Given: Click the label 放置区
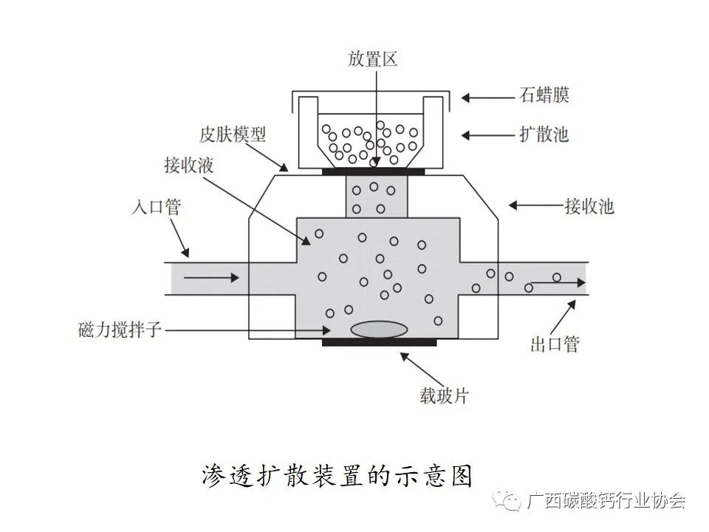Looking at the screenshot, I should [373, 60].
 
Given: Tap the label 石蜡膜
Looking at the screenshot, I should [544, 95].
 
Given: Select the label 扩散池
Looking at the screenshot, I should [544, 134].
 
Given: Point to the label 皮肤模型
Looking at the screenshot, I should [233, 134].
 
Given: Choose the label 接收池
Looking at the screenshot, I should [589, 205].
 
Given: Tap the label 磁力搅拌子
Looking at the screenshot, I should [119, 330].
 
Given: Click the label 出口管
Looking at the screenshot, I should [555, 344].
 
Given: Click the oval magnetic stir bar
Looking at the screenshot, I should [379, 329].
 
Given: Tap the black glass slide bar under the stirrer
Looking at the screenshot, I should [379, 342].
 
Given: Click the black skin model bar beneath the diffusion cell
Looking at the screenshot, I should [373, 172].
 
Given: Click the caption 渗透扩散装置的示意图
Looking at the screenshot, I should [336, 475].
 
